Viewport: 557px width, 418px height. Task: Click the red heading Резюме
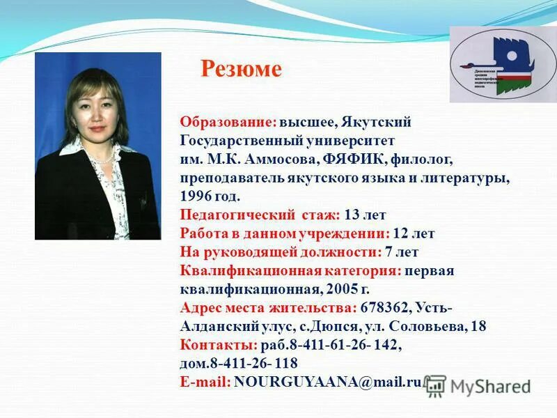click(x=241, y=69)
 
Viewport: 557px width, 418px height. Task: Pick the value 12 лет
click(x=414, y=233)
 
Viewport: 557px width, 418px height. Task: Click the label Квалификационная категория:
click(x=290, y=270)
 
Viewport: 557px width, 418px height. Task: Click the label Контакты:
click(x=219, y=345)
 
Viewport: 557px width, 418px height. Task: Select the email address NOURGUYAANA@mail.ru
click(x=328, y=382)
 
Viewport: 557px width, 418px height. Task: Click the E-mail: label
click(x=205, y=382)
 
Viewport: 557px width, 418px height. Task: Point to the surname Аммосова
click(x=285, y=160)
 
